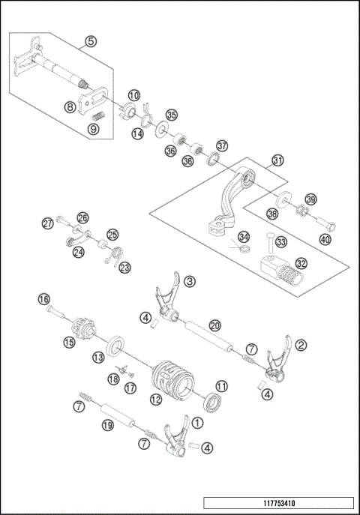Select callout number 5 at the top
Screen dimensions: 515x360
(x=91, y=42)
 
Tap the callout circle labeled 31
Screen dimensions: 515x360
(x=278, y=160)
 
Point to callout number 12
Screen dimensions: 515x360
(x=155, y=400)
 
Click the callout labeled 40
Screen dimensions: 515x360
(x=324, y=239)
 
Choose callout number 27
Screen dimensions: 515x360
(x=48, y=223)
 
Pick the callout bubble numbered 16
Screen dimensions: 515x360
(x=43, y=299)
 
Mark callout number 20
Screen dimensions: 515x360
(x=214, y=325)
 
